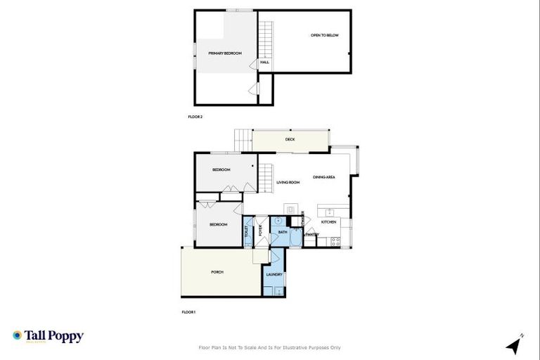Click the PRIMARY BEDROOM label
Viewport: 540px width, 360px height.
click(x=225, y=53)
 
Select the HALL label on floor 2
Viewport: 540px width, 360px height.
click(x=264, y=63)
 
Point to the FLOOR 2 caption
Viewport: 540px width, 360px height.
click(x=195, y=117)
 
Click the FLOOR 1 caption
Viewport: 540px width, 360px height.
click(x=188, y=311)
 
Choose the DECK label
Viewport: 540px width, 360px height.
click(x=290, y=139)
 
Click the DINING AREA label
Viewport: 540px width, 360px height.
click(x=323, y=177)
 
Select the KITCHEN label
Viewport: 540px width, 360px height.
click(x=329, y=222)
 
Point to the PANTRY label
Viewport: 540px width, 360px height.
click(x=312, y=235)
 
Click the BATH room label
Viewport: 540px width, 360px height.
click(x=283, y=232)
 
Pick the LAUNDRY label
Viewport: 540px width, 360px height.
click(x=274, y=275)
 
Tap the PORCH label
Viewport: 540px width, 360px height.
click(x=217, y=272)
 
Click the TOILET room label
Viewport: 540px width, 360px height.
click(x=246, y=229)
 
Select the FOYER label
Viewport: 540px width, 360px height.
click(x=259, y=229)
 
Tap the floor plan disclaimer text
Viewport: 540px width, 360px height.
click(x=270, y=347)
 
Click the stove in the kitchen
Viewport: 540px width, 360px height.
click(x=335, y=241)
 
